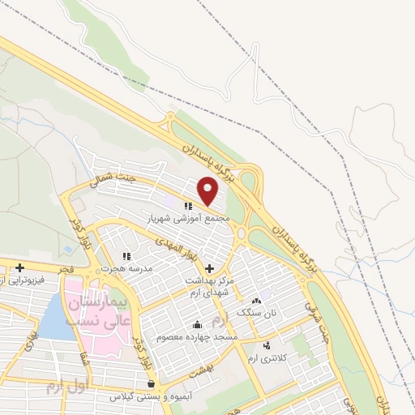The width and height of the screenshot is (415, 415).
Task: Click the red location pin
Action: [208, 190]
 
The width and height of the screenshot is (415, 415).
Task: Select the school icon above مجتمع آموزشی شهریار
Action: [188, 207]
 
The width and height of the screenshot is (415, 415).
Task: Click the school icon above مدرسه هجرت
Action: [126, 256]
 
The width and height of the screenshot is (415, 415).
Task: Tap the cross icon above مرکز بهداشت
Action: [210, 268]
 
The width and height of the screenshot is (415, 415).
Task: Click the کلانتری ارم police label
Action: [269, 359]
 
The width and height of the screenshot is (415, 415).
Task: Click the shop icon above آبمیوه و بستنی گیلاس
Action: [151, 384]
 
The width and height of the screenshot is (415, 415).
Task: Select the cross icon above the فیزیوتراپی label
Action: [19, 267]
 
